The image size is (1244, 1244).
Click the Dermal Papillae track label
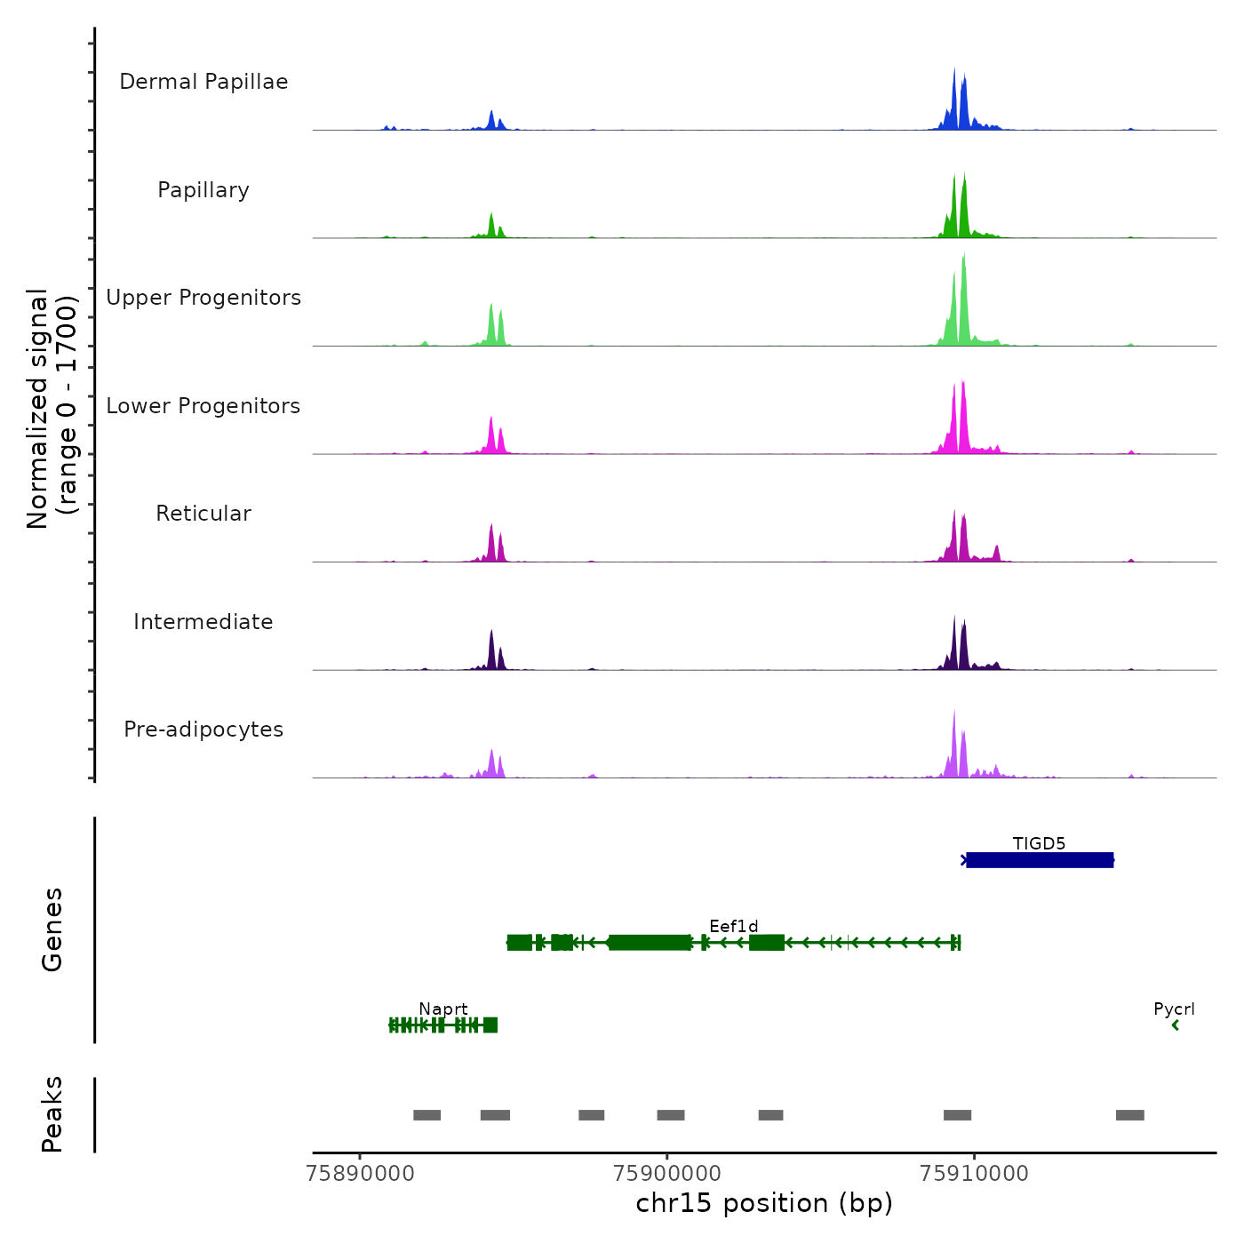click(x=203, y=82)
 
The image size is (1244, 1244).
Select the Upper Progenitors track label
click(x=203, y=298)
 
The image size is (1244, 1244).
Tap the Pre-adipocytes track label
click(x=203, y=730)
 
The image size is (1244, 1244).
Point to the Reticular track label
click(x=203, y=514)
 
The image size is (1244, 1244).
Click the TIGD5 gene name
click(x=1039, y=843)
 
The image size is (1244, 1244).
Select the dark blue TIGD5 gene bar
click(x=1039, y=860)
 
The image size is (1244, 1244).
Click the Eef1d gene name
click(x=734, y=927)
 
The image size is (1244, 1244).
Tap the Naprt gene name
click(x=443, y=1009)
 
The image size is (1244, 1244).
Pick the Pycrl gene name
click(x=1174, y=1009)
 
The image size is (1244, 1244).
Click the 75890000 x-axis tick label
click(x=360, y=1173)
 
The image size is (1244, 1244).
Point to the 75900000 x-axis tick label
click(x=666, y=1173)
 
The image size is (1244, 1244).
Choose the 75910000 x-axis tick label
click(x=974, y=1173)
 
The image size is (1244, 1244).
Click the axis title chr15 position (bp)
click(x=764, y=1203)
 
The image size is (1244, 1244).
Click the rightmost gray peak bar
click(x=1129, y=1115)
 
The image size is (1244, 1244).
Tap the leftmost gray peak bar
click(x=427, y=1115)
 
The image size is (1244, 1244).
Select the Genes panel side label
click(x=52, y=929)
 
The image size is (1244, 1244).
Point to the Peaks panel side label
click(x=52, y=1114)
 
